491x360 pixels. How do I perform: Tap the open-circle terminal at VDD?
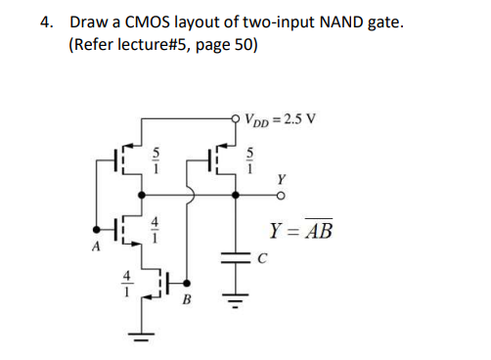coord(236,119)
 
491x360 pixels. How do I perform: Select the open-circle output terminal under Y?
coord(282,194)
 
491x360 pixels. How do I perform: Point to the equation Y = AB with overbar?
coord(299,231)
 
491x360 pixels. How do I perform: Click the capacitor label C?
coord(259,258)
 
